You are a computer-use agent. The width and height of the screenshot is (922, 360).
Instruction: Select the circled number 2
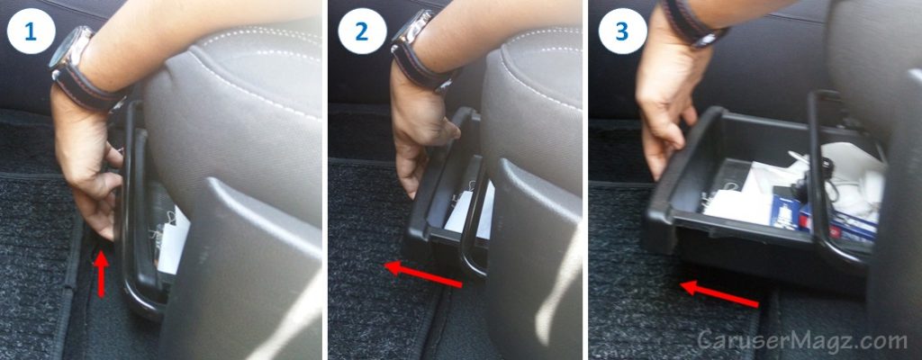click(x=361, y=32)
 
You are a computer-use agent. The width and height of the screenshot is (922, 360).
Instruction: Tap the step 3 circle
click(x=621, y=32)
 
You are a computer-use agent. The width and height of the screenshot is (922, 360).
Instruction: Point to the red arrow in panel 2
click(x=423, y=274)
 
